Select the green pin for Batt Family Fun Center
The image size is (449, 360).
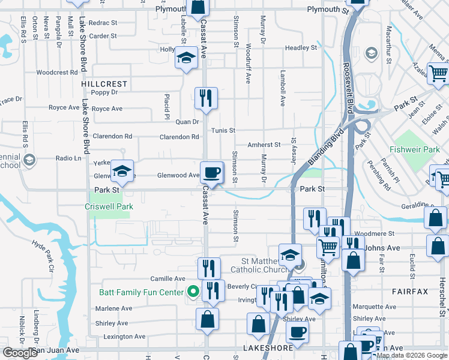(x=193, y=292)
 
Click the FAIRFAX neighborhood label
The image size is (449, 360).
(x=409, y=292)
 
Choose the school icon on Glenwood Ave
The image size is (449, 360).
(x=122, y=173)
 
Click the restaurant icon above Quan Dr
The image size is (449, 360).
(x=206, y=98)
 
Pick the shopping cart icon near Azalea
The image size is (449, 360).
(x=439, y=74)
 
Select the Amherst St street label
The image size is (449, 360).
(x=264, y=145)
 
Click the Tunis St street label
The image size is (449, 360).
(x=223, y=130)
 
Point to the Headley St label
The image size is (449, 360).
(x=301, y=47)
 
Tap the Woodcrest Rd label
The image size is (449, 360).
(x=57, y=73)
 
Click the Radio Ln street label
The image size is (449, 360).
(x=68, y=158)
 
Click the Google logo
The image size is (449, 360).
(x=20, y=353)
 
